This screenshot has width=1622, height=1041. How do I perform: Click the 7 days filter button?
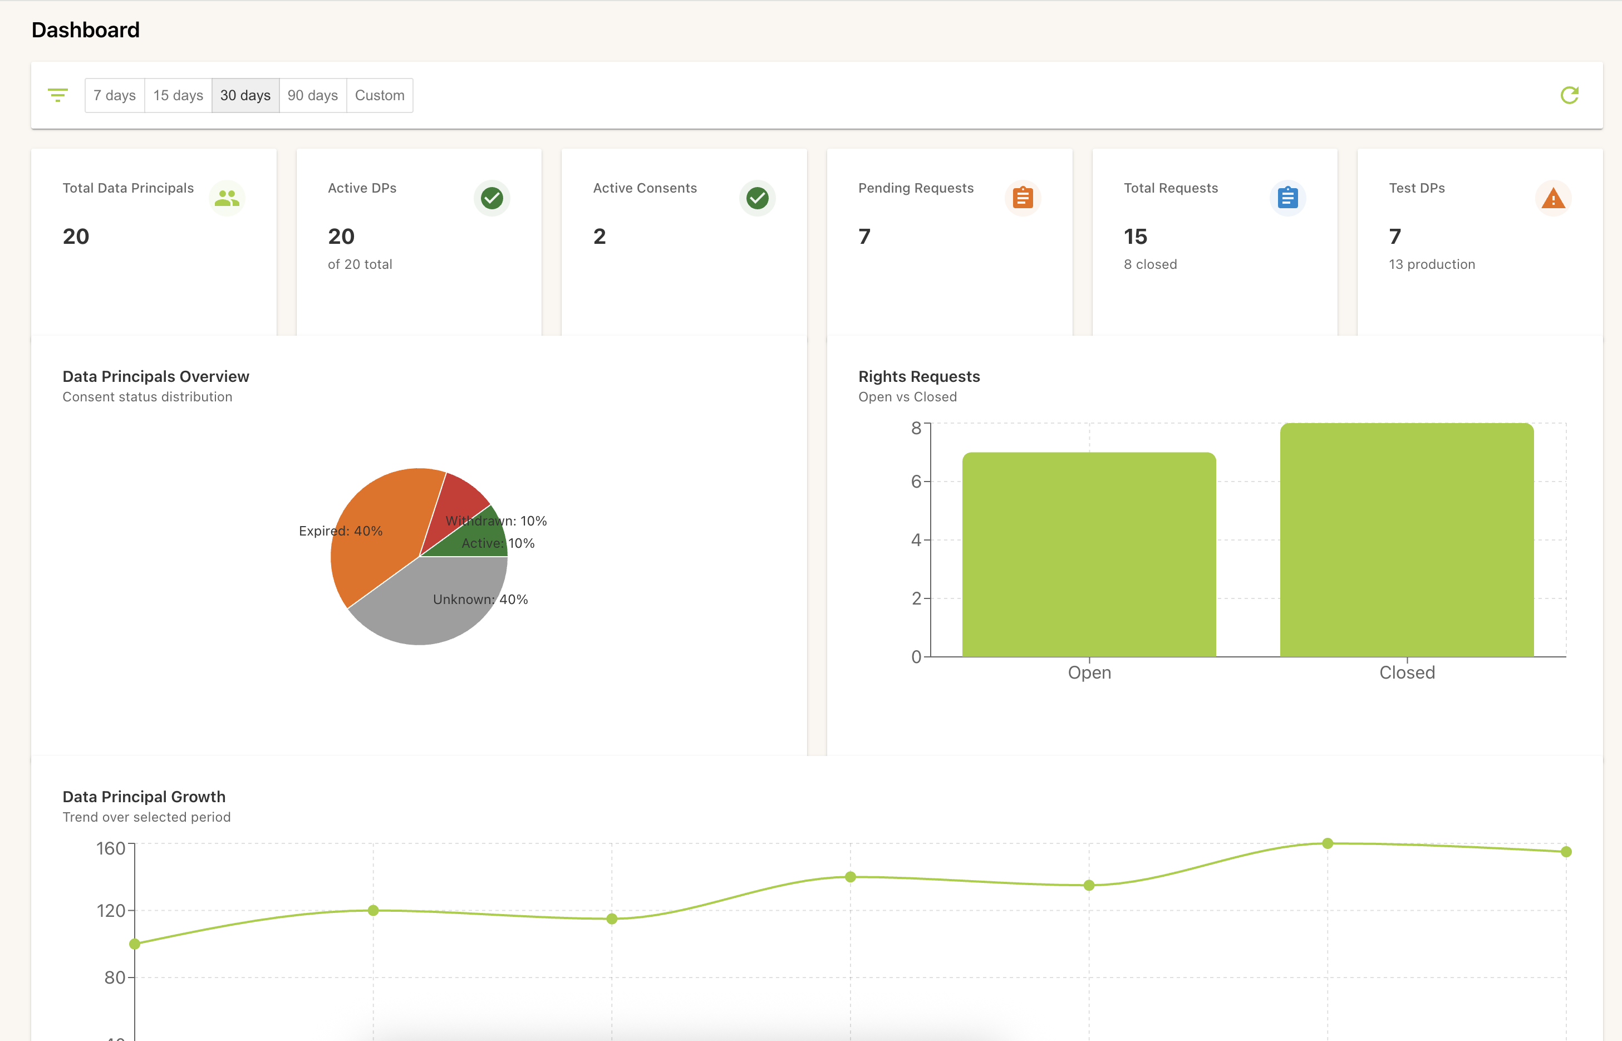114,95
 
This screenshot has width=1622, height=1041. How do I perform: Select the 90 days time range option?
312,95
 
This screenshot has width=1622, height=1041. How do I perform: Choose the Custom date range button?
379,95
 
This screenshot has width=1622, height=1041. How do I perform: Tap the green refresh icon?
1569,95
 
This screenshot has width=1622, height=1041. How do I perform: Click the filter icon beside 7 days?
58,95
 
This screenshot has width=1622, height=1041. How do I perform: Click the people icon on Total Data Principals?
227,198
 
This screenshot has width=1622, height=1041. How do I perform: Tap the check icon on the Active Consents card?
757,198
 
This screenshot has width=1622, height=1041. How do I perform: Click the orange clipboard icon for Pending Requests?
1023,198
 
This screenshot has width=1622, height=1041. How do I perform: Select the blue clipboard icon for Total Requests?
1287,198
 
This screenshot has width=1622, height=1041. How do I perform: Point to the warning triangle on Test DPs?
1553,199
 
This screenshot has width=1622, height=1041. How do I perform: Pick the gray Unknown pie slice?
419,608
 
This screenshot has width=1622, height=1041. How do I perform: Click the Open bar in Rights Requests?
1089,554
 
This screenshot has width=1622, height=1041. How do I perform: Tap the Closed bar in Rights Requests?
1407,541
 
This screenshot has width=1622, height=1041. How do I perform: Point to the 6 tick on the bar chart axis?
916,482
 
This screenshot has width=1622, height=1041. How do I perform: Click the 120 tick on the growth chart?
111,911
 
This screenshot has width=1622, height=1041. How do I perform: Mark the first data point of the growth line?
135,944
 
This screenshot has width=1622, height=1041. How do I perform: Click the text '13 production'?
1432,264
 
